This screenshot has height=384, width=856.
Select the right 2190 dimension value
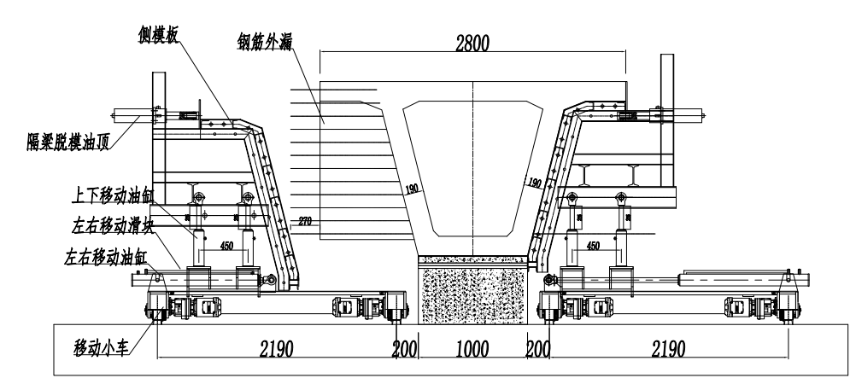coord(670,350)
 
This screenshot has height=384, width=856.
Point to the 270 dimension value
coord(304,223)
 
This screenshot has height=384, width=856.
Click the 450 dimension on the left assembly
coord(226,246)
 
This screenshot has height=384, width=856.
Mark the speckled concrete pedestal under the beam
coord(475,290)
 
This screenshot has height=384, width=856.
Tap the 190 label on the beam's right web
coord(535,183)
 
